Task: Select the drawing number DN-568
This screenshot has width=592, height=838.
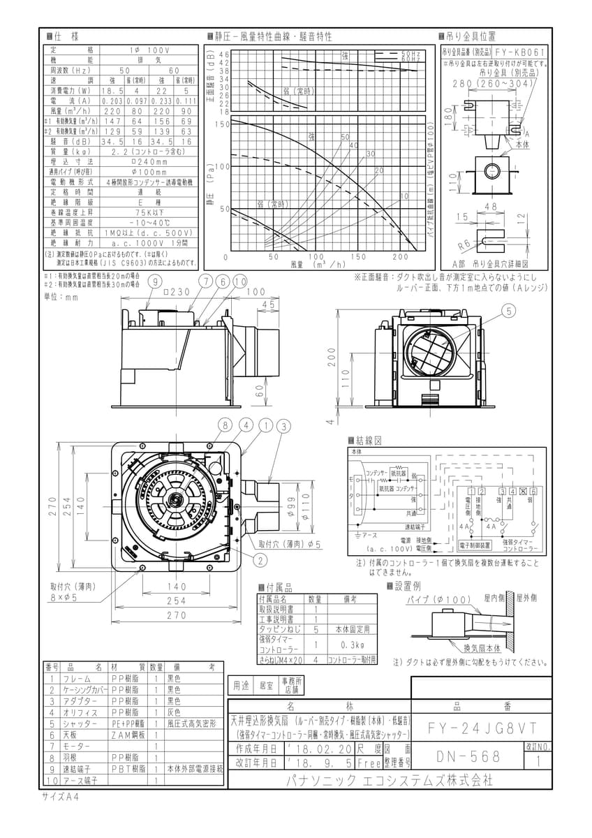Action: click(465, 756)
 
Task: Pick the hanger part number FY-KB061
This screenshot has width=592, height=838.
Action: click(519, 52)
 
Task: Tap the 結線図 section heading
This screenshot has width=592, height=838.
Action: click(368, 441)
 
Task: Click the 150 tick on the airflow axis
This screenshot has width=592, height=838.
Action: click(358, 257)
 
